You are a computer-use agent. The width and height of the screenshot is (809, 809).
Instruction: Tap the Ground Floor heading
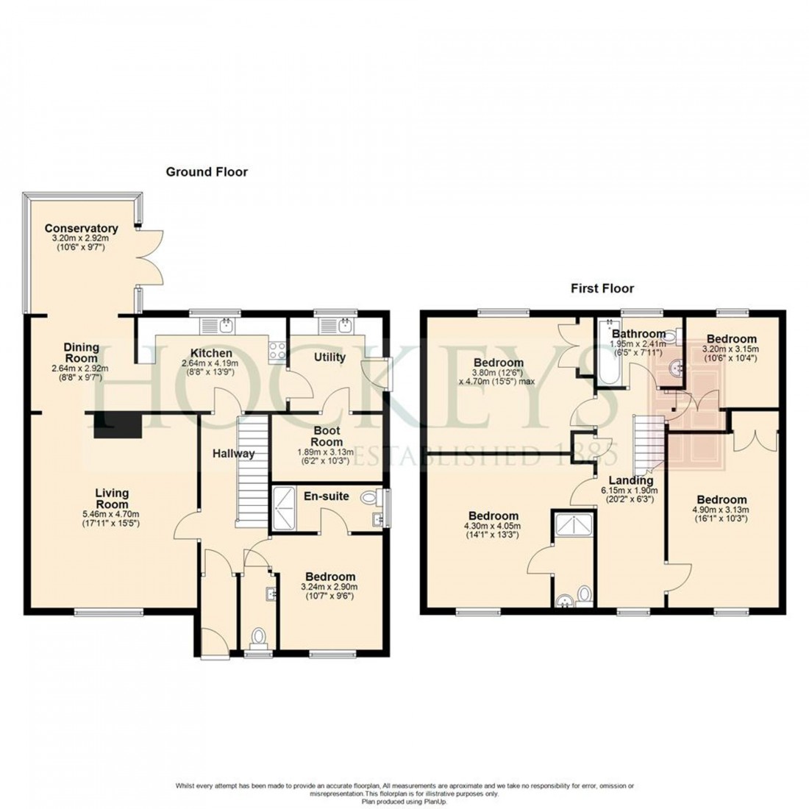click(207, 172)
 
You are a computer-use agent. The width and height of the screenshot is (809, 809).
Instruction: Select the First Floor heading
click(602, 288)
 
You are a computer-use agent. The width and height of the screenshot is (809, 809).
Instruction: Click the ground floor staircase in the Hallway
click(250, 471)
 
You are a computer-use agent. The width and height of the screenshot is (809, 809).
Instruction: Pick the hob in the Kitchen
click(278, 351)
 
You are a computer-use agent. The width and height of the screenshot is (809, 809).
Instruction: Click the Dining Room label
click(81, 352)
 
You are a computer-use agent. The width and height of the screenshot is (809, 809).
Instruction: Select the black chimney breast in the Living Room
click(117, 424)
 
